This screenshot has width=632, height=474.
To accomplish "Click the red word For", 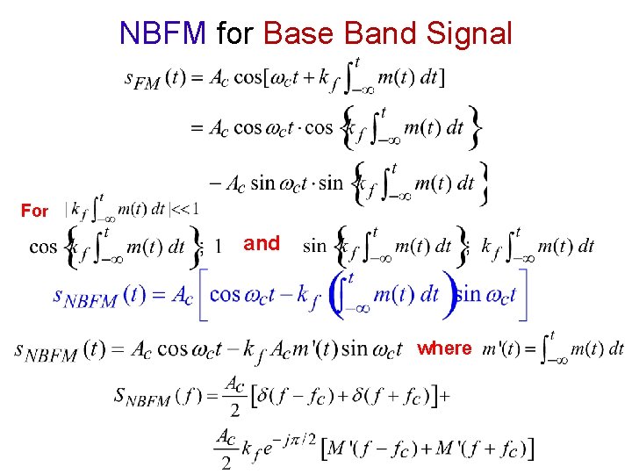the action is click(x=35, y=211).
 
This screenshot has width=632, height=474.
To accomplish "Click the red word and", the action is click(x=262, y=243).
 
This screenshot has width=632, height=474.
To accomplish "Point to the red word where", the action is click(x=444, y=348).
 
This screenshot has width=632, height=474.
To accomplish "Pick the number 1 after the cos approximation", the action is click(x=218, y=247).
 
